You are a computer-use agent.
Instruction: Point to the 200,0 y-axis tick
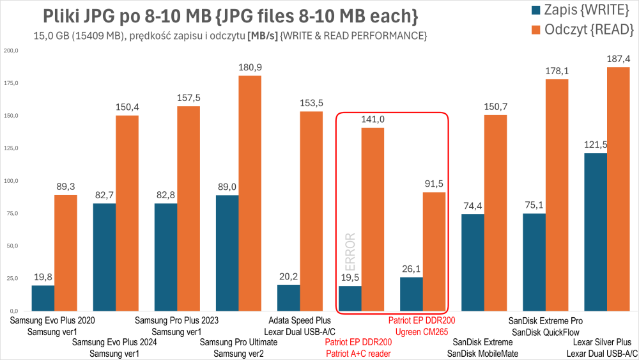pyautogui.click(x=11, y=51)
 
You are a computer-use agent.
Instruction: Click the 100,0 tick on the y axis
pyautogui.click(x=11, y=181)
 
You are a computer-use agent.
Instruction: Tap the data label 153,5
pyautogui.click(x=311, y=103)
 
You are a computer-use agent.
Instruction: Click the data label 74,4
pyautogui.click(x=472, y=206)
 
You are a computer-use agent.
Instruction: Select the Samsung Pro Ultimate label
pyautogui.click(x=238, y=342)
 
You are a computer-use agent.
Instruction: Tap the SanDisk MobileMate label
pyautogui.click(x=482, y=353)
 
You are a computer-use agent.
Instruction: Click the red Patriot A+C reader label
pyautogui.click(x=358, y=353)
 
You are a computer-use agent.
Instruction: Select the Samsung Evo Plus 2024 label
pyautogui.click(x=114, y=342)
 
